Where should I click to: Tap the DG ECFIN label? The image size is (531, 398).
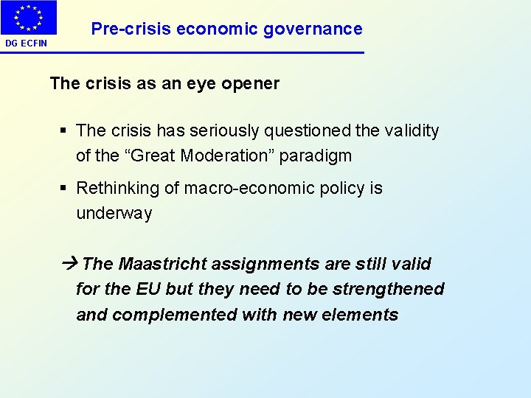(x=26, y=43)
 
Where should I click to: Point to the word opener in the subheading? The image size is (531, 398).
(x=252, y=83)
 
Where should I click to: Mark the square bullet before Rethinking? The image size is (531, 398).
(x=64, y=189)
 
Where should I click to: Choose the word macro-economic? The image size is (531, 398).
(x=248, y=188)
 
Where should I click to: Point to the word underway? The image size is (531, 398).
(x=114, y=214)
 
